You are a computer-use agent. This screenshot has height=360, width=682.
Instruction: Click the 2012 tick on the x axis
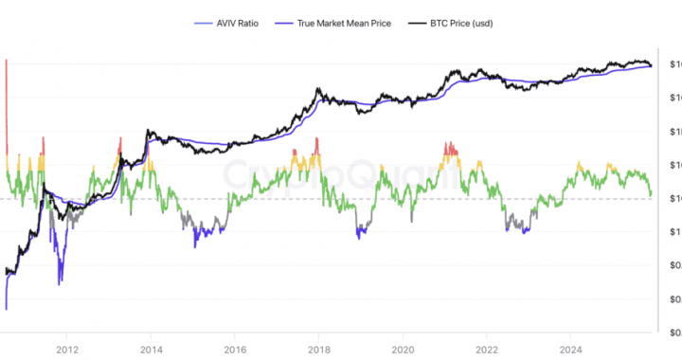click(66, 348)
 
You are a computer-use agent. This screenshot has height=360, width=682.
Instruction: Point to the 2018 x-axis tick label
click(319, 348)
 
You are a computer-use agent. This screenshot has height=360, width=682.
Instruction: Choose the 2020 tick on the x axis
click(404, 348)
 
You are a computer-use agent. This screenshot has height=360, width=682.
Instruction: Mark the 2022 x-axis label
click(487, 348)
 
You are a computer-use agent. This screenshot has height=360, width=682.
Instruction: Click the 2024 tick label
click(571, 348)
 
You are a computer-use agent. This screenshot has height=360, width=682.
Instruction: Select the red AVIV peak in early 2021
click(450, 147)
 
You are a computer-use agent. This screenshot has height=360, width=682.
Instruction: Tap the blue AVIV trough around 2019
click(360, 232)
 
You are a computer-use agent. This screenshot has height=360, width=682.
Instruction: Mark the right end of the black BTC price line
click(651, 64)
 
